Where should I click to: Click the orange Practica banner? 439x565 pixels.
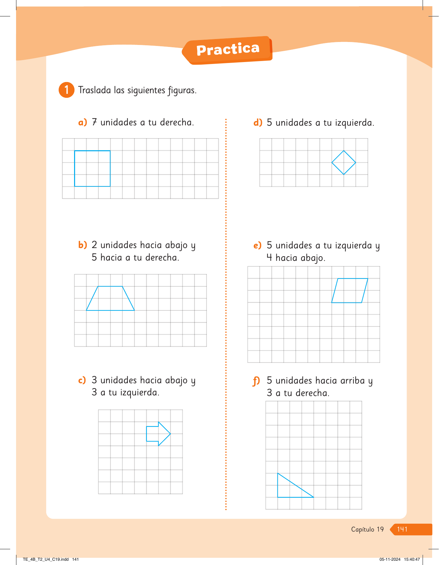pyautogui.click(x=227, y=50)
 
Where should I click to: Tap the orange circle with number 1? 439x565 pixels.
pyautogui.click(x=67, y=90)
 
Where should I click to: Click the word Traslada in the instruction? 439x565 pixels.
pyautogui.click(x=94, y=90)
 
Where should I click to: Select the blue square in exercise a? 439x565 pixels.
pyautogui.click(x=75, y=169)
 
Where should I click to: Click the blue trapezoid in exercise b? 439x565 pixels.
pyautogui.click(x=110, y=310)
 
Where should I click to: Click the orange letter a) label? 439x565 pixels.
pyautogui.click(x=83, y=123)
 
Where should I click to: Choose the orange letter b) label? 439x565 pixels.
pyautogui.click(x=83, y=245)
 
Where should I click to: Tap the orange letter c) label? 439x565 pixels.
pyautogui.click(x=82, y=380)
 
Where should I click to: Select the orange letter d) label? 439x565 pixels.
pyautogui.click(x=258, y=123)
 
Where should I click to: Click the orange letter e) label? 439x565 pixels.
pyautogui.click(x=258, y=245)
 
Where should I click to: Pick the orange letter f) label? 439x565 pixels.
pyautogui.click(x=256, y=381)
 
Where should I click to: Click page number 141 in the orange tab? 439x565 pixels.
pyautogui.click(x=402, y=529)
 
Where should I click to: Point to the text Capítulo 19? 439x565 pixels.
pyautogui.click(x=367, y=529)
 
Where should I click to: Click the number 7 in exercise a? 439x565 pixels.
pyautogui.click(x=94, y=122)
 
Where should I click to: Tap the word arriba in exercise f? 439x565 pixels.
pyautogui.click(x=352, y=381)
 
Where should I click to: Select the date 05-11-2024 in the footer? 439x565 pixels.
pyautogui.click(x=390, y=559)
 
